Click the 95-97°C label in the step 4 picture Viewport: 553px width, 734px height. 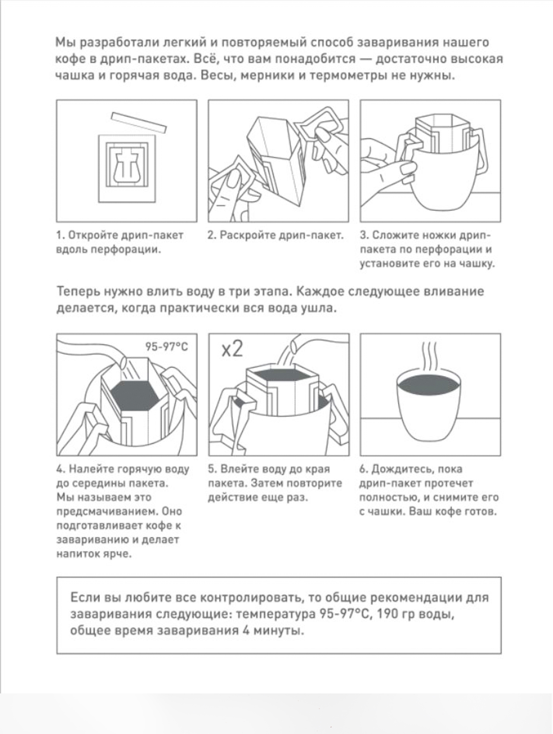[x=166, y=347]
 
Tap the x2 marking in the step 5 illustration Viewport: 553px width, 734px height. [x=232, y=349]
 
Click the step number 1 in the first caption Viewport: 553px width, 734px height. [x=59, y=236]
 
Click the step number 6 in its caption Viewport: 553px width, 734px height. [x=363, y=469]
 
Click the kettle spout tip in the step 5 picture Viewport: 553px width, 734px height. [x=293, y=345]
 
